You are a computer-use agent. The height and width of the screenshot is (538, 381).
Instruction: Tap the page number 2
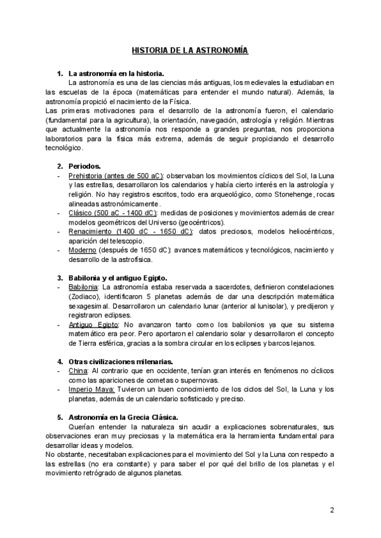[x=331, y=510]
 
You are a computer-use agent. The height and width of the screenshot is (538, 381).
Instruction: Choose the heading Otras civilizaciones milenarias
[x=121, y=362]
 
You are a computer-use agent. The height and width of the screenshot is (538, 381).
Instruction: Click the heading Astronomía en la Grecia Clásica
[x=123, y=417]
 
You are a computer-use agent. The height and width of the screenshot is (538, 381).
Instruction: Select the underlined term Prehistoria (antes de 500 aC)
[x=115, y=176]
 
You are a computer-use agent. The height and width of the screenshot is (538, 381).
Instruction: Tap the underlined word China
[x=77, y=371]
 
